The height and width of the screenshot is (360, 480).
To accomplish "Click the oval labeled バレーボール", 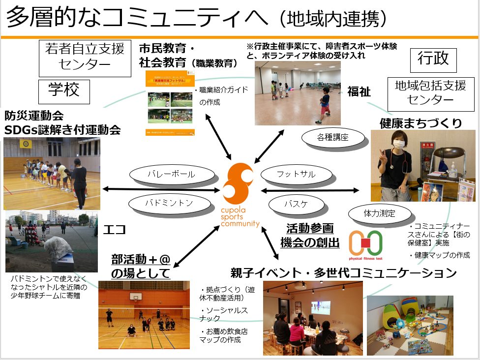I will click(172, 175).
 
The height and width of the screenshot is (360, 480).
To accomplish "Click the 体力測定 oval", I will click(379, 214).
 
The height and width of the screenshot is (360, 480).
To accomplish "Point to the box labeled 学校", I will click(64, 92).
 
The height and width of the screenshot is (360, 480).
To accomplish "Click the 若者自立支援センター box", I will click(85, 58).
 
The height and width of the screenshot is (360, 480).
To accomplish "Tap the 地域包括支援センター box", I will click(430, 93).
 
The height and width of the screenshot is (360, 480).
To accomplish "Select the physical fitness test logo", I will click(365, 243).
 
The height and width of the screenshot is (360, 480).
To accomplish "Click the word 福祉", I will click(359, 91).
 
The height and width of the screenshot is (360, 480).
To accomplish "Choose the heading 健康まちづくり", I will click(420, 123).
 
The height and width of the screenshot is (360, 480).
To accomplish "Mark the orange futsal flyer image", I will click(170, 103).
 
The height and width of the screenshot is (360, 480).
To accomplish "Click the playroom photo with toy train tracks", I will click(410, 325).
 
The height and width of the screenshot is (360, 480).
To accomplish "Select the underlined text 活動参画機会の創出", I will click(310, 235).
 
